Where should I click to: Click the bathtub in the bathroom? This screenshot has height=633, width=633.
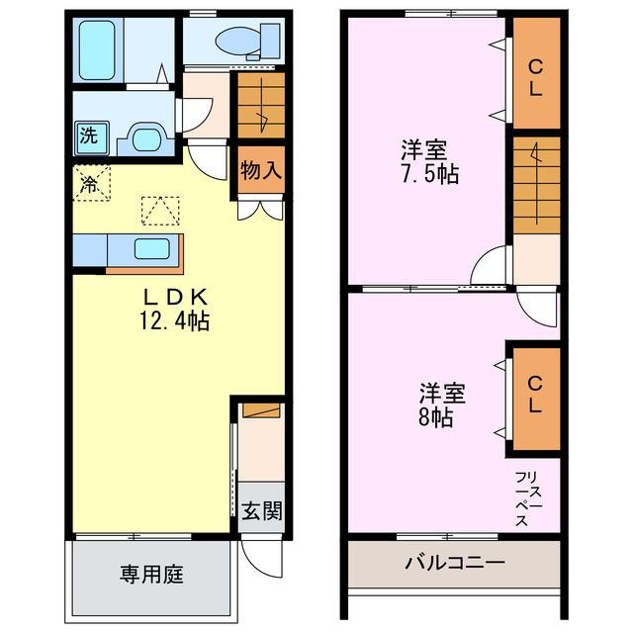(99, 48)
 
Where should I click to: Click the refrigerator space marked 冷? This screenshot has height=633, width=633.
(89, 183)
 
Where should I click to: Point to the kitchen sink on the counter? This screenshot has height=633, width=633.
(154, 249)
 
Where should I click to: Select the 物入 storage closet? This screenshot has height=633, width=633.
(261, 170)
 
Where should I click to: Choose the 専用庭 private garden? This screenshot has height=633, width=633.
(152, 574)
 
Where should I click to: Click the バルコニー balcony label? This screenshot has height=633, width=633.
(454, 564)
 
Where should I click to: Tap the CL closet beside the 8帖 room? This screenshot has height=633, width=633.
(534, 395)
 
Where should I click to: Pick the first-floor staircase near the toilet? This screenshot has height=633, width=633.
(260, 106)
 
